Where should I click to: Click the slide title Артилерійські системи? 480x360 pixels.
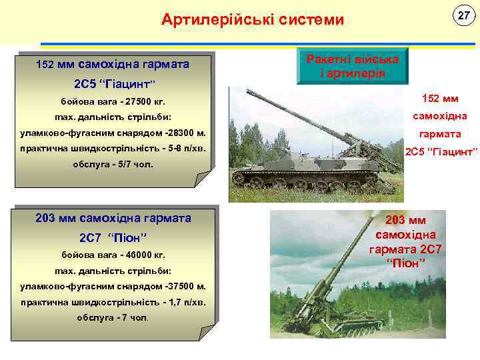tap(253, 20)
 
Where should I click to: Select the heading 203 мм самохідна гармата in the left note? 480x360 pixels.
tap(113, 218)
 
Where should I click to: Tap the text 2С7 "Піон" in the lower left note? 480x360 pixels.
tap(113, 238)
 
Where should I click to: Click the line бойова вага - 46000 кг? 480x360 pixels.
tap(113, 255)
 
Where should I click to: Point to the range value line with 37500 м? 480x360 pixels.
tap(113, 286)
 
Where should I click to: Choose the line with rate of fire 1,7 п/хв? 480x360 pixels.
tap(113, 302)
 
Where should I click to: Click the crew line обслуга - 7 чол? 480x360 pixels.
tap(113, 317)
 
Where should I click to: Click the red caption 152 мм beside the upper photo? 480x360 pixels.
tap(440, 99)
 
